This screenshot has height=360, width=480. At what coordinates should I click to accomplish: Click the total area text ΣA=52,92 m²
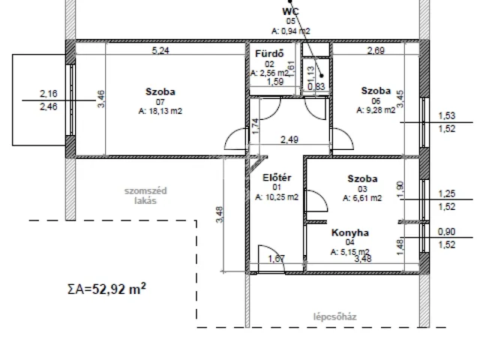pyautogui.click(x=106, y=288)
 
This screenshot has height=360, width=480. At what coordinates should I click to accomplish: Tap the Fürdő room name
pyautogui.click(x=269, y=53)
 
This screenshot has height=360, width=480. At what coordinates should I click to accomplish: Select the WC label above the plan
pyautogui.click(x=290, y=12)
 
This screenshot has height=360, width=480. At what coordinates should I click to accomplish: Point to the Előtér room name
pyautogui.click(x=277, y=178)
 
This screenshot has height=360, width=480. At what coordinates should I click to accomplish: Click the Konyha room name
pyautogui.click(x=350, y=232)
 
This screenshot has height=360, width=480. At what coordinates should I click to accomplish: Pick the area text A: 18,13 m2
pyautogui.click(x=160, y=111)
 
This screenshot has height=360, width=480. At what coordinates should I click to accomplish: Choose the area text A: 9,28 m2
pyautogui.click(x=376, y=110)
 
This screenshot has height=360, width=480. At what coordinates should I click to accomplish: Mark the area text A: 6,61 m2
pyautogui.click(x=362, y=198)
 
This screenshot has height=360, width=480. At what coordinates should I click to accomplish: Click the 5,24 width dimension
pyautogui.click(x=160, y=50)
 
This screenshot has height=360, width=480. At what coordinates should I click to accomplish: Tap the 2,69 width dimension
pyautogui.click(x=376, y=50)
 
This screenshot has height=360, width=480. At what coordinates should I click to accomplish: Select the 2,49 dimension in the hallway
pyautogui.click(x=289, y=139)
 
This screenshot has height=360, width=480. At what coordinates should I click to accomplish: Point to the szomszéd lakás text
pyautogui.click(x=145, y=196)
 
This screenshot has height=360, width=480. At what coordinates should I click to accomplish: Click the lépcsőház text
pyautogui.click(x=335, y=316)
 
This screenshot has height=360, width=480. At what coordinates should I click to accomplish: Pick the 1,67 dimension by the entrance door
pyautogui.click(x=277, y=259)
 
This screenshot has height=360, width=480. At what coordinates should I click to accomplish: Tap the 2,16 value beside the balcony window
pyautogui.click(x=48, y=93)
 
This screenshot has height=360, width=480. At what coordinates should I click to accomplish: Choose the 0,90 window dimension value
pyautogui.click(x=447, y=232)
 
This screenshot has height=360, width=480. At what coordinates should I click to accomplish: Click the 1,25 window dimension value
pyautogui.click(x=447, y=193)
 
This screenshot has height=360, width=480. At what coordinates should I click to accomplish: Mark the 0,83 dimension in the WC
pyautogui.click(x=316, y=86)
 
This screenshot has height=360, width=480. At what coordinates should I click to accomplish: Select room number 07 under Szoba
pyautogui.click(x=160, y=102)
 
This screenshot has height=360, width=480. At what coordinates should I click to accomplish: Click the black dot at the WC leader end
pyautogui.click(x=322, y=76)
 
